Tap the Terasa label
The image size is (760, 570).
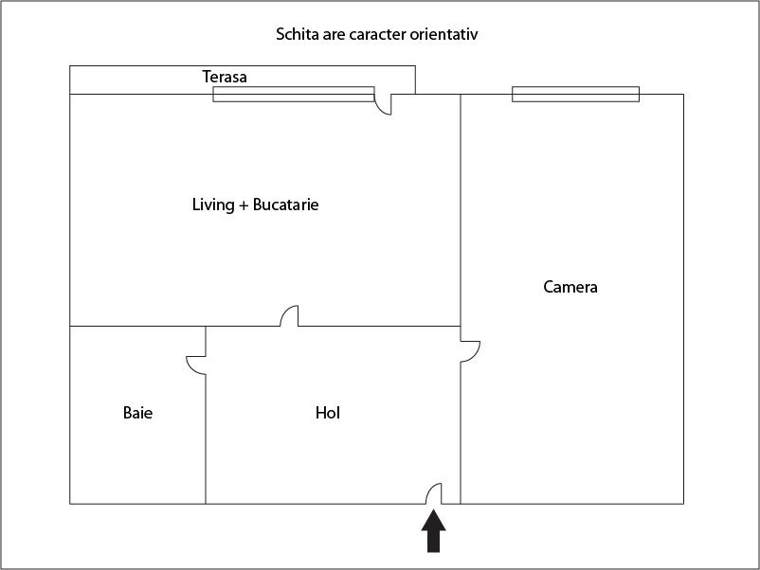(x=225, y=77)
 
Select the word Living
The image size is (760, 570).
(x=213, y=205)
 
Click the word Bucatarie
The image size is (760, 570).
(x=285, y=205)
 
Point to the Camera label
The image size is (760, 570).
(x=570, y=287)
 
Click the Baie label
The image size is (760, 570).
(x=137, y=413)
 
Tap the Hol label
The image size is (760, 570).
(x=328, y=413)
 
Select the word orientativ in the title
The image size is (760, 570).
(x=444, y=35)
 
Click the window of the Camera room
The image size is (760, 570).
(x=575, y=94)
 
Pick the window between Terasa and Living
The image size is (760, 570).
(x=294, y=94)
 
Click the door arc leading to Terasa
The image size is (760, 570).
(x=383, y=103)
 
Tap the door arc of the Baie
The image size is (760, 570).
(x=196, y=364)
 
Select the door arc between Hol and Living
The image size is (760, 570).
(x=290, y=316)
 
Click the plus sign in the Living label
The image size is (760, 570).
(x=244, y=205)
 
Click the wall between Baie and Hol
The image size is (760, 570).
(x=206, y=436)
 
